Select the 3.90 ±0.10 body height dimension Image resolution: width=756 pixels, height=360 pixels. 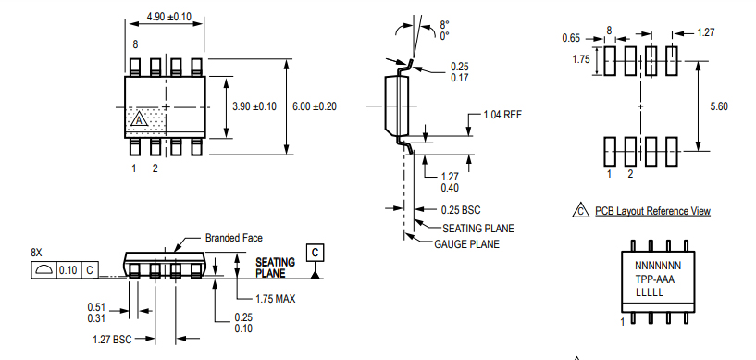coord(254,106)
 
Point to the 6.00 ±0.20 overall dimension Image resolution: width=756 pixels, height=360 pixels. coord(315,106)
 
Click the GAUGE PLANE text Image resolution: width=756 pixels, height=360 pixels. coord(467,244)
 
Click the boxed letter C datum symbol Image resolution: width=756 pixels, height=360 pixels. coord(316,252)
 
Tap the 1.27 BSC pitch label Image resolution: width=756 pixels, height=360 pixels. coord(112,339)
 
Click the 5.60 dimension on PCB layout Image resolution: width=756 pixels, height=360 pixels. coord(718,106)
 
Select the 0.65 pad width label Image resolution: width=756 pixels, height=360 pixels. coord(572,38)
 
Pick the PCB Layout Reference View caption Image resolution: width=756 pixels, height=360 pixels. coord(652,211)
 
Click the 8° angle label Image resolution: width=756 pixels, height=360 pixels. coord(444,24)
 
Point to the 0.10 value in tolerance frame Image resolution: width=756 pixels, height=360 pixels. coord(68,269)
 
